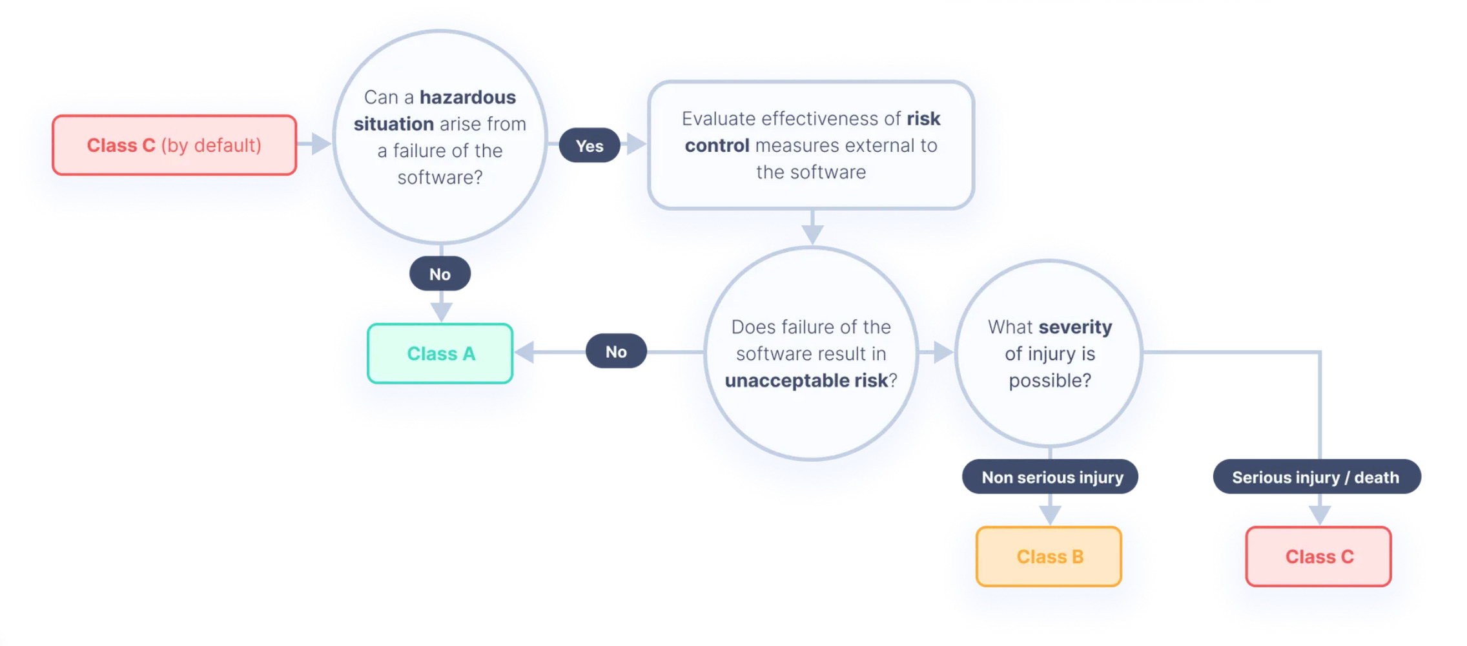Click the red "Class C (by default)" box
coord(174,145)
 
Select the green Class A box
coord(440,353)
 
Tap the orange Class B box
coord(1049,557)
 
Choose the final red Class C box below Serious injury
coord(1318,557)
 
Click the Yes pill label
coord(590,145)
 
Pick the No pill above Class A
coord(440,274)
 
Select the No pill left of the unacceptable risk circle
coord(617,351)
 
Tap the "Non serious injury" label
coord(1051,477)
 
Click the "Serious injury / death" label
coord(1317,477)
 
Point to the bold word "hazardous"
coord(468,98)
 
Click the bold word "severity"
coord(1076,328)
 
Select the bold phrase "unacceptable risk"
coord(806,380)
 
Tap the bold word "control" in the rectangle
coord(717,146)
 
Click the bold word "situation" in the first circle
coord(394,124)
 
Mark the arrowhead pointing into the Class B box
coord(1051,515)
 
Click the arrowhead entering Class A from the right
coord(525,352)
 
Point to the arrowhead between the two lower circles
coord(943,352)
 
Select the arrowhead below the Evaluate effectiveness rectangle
coord(812,234)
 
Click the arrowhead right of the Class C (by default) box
coord(321,143)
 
